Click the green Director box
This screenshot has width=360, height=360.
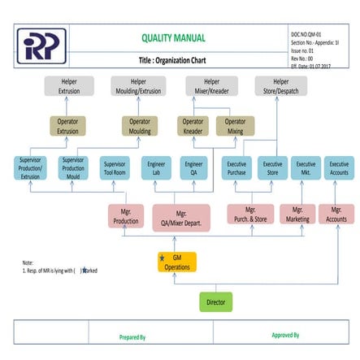click(216, 301)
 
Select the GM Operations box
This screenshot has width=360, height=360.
click(177, 262)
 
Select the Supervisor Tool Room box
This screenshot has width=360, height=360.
click(115, 167)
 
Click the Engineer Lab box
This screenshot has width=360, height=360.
click(156, 167)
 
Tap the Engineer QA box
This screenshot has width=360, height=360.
click(194, 167)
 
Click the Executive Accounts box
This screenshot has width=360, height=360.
click(338, 167)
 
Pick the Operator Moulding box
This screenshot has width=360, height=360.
click(141, 126)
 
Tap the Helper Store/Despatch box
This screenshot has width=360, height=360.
click(281, 86)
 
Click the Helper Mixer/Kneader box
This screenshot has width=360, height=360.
click(212, 86)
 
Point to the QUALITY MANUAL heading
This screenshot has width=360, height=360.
click(173, 38)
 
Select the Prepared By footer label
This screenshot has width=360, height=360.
click(132, 336)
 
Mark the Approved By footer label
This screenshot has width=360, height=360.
click(285, 334)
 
